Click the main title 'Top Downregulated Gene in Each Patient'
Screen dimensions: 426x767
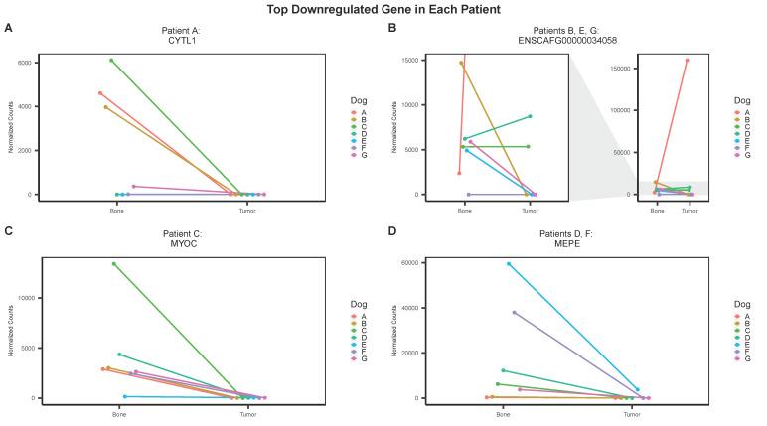383,9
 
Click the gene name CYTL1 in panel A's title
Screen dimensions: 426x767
182,42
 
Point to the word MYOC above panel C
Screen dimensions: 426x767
182,243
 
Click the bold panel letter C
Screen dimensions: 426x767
8,231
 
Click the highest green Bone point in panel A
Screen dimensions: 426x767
111,60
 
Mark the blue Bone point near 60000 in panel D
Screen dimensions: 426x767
509,264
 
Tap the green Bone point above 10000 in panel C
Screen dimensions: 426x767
114,264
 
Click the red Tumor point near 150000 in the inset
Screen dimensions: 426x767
687,60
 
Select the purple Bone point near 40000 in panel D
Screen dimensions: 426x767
514,312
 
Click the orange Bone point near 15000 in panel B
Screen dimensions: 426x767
461,63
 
